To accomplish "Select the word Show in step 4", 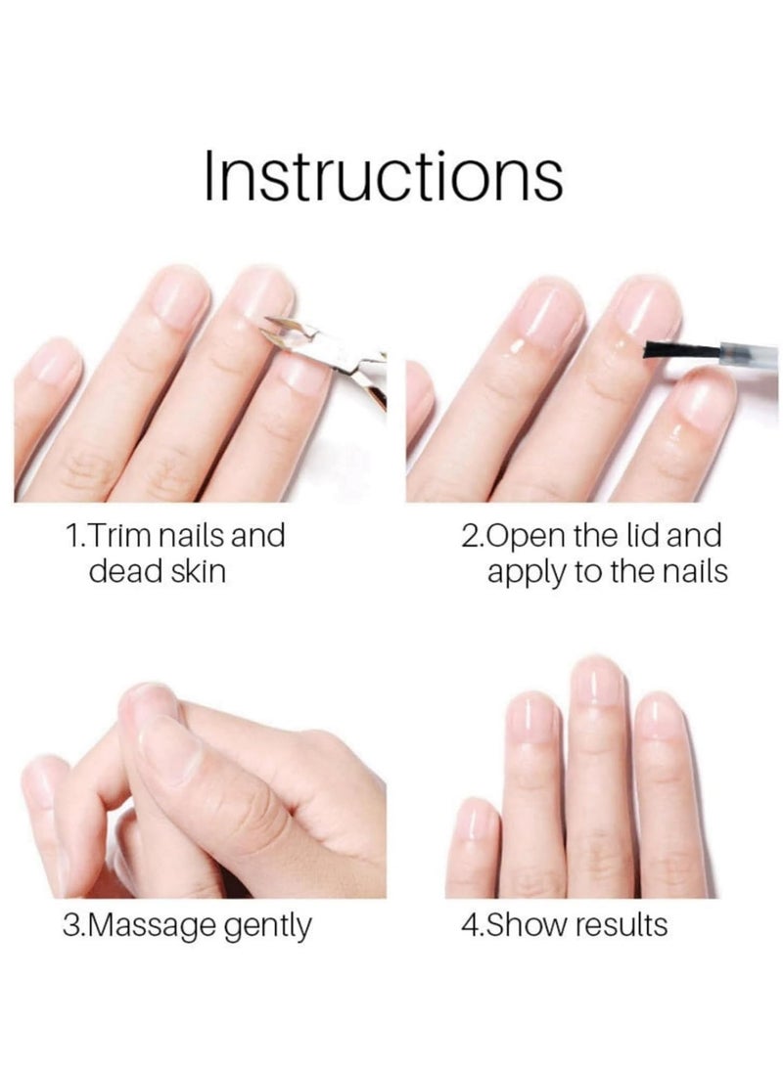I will click(525, 924).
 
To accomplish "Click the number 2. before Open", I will click(472, 536).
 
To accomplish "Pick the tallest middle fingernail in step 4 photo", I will click(597, 681).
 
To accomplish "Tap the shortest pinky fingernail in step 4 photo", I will click(475, 820).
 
